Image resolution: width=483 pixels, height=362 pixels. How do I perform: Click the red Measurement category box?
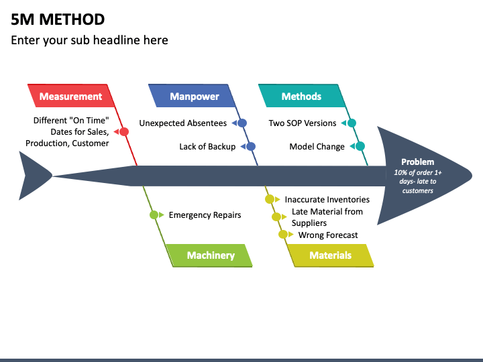tap(71, 96)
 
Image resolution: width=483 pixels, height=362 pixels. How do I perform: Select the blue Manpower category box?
tap(193, 96)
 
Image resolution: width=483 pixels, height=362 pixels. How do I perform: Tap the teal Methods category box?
tap(302, 96)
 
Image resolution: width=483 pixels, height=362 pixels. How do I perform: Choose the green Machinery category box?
tap(209, 255)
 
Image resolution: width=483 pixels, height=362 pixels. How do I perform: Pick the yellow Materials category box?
tap(331, 255)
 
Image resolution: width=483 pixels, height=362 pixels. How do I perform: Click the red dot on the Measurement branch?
tap(124, 132)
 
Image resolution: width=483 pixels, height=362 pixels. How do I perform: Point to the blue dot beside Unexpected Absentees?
tap(242, 123)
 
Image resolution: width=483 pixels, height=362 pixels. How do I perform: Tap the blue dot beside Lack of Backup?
tap(251, 147)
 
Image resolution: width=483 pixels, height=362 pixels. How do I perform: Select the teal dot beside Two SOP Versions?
tap(352, 123)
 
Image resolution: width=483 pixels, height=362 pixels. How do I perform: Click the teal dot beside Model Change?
tap(360, 147)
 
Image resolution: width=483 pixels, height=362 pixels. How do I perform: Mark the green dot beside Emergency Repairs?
tap(154, 215)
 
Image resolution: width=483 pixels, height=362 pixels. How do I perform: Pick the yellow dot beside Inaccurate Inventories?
tap(270, 199)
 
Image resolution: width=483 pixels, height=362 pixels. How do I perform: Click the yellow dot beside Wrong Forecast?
tap(283, 235)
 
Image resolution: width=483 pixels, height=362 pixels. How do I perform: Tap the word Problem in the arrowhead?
tap(418, 162)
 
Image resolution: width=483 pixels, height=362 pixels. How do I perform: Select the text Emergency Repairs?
tap(205, 215)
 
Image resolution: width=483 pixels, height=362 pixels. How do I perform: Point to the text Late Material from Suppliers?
tap(327, 217)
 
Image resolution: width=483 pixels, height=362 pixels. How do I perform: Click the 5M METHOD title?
tap(58, 19)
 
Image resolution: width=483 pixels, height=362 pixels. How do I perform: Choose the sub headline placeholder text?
tap(89, 40)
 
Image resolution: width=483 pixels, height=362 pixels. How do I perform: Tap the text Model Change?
tap(317, 147)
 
